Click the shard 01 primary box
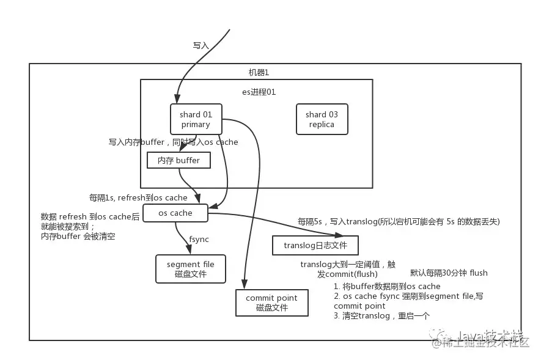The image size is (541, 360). (x=196, y=119)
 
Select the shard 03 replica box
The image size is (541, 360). (x=322, y=119)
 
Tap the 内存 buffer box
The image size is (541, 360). (x=179, y=161)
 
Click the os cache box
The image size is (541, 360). (x=175, y=213)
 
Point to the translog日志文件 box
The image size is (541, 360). (x=315, y=246)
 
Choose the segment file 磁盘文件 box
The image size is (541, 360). (x=191, y=269)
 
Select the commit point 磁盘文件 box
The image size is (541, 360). (x=272, y=303)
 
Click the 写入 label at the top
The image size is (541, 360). (x=201, y=45)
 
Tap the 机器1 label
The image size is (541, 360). (x=259, y=72)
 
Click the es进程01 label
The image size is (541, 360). (x=259, y=92)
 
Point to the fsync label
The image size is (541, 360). (x=199, y=240)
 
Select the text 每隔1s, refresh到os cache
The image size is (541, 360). (x=138, y=198)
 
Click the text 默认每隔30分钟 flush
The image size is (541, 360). (x=449, y=273)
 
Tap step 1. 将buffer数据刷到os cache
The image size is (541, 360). (x=387, y=286)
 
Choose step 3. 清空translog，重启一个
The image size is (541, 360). (x=383, y=316)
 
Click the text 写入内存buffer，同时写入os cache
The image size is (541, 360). (x=174, y=142)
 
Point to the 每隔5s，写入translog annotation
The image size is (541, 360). (x=399, y=221)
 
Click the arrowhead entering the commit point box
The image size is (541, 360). (x=245, y=285)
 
